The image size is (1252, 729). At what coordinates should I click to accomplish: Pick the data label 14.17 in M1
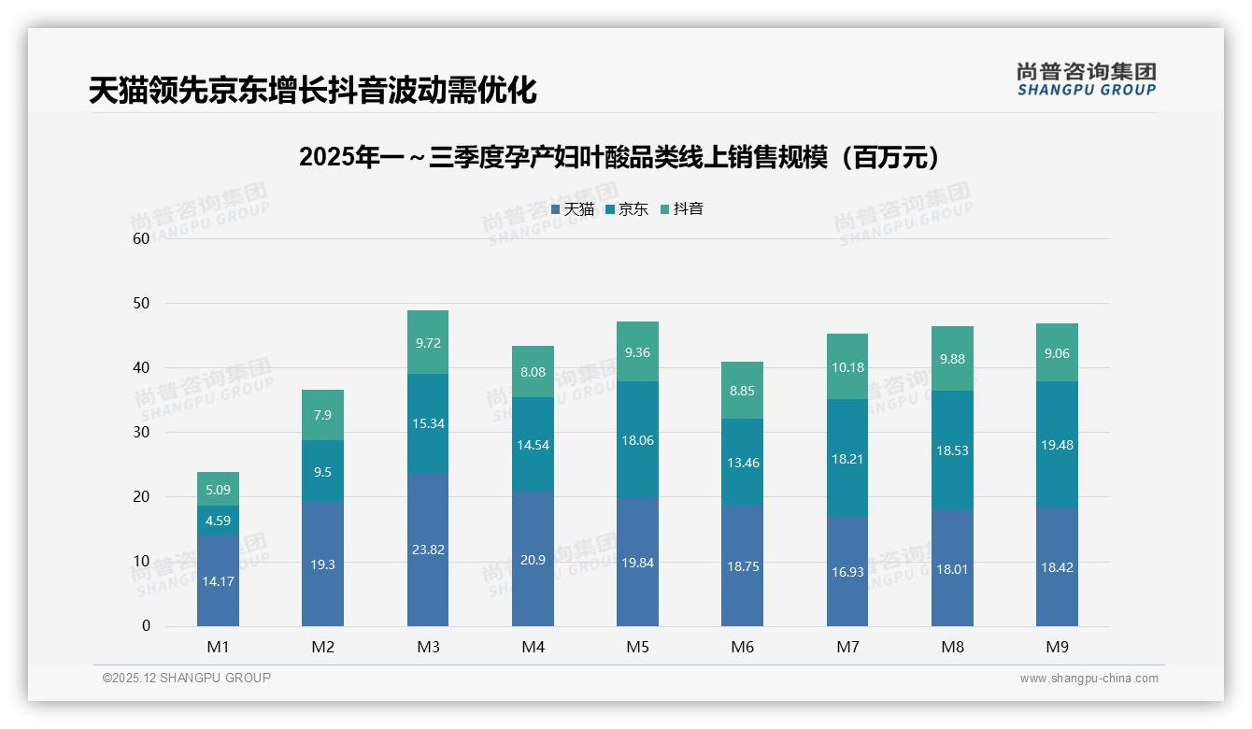[218, 580]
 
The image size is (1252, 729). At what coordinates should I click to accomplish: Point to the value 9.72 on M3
[428, 343]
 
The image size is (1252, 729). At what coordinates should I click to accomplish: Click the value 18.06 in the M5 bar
[638, 440]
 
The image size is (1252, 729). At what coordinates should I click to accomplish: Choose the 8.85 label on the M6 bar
[743, 391]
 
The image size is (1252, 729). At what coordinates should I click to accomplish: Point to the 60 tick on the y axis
[141, 238]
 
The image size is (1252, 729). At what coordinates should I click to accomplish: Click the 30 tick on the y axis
[141, 432]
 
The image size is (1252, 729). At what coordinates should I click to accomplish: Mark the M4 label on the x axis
[533, 647]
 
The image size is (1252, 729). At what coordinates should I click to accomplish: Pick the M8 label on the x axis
[952, 647]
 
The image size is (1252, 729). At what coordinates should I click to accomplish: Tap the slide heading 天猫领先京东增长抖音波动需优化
[312, 91]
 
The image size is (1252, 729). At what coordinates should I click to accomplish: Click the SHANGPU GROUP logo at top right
[1086, 79]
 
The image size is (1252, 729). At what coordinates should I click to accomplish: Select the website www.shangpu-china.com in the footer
[1088, 679]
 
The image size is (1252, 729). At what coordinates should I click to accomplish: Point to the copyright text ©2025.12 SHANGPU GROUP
[186, 678]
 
